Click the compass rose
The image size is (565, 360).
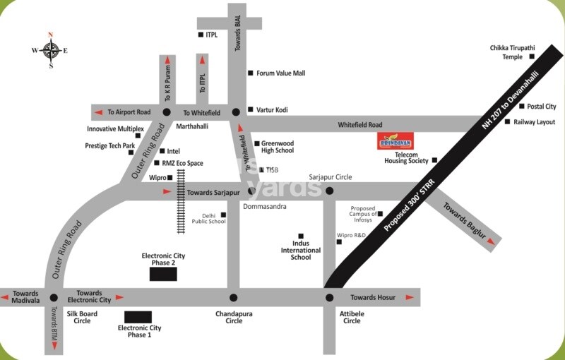point(50,50)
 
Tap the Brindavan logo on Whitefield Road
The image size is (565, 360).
point(395,140)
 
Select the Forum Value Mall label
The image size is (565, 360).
point(280,73)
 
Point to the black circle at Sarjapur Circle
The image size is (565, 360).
point(329,191)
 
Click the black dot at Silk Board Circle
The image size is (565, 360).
point(53,297)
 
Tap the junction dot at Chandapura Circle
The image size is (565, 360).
point(234,297)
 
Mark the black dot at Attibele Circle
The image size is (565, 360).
point(329,297)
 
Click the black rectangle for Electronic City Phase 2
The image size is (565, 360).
point(163,274)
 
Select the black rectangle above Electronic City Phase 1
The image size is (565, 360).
point(138,317)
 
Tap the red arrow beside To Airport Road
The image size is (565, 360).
point(100,112)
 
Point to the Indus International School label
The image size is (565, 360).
point(301,250)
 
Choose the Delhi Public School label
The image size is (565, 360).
point(209,218)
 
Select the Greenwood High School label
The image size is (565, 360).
point(278,146)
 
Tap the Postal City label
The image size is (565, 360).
point(542,107)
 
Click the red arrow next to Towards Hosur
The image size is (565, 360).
point(410,297)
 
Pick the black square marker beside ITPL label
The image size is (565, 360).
point(201,34)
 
